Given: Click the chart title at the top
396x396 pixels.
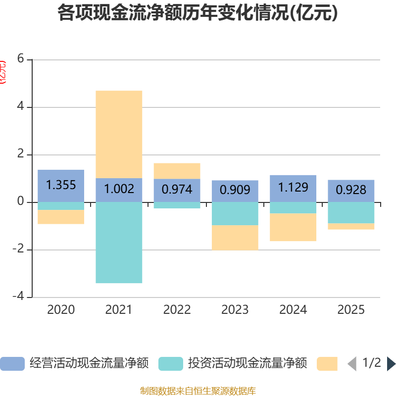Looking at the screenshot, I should tap(198, 13).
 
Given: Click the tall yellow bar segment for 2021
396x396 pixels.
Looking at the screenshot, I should tap(119, 134).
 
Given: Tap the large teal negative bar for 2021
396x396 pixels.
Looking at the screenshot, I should tap(119, 243).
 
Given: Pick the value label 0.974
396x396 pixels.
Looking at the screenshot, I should tap(177, 190).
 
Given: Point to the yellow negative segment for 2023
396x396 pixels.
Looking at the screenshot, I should tap(235, 238).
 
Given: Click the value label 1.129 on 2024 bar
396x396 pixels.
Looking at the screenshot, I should tap(293, 188).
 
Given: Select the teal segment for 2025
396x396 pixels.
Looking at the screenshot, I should tap(351, 212).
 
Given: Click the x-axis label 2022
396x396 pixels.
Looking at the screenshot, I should tap(177, 310).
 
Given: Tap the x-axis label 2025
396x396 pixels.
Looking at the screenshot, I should tap(351, 310).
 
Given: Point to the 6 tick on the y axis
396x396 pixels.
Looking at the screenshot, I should tap(21, 58).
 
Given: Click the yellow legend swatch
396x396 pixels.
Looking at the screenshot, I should tap(327, 363).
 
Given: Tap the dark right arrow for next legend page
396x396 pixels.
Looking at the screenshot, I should tap(391, 364).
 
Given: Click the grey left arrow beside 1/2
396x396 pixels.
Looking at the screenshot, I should tap(352, 364).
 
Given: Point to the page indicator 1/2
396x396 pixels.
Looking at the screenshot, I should tap(372, 363).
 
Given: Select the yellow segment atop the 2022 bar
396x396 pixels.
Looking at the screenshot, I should tap(177, 171).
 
